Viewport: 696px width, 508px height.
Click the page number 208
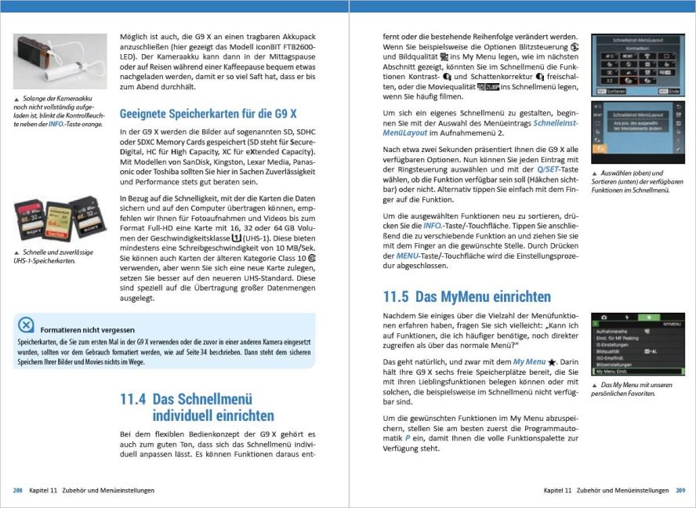coord(17,491)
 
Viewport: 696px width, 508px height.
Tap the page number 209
coord(680,491)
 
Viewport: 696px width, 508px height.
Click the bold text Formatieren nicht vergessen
coord(87,330)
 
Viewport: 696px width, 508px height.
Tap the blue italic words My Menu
coord(529,361)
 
